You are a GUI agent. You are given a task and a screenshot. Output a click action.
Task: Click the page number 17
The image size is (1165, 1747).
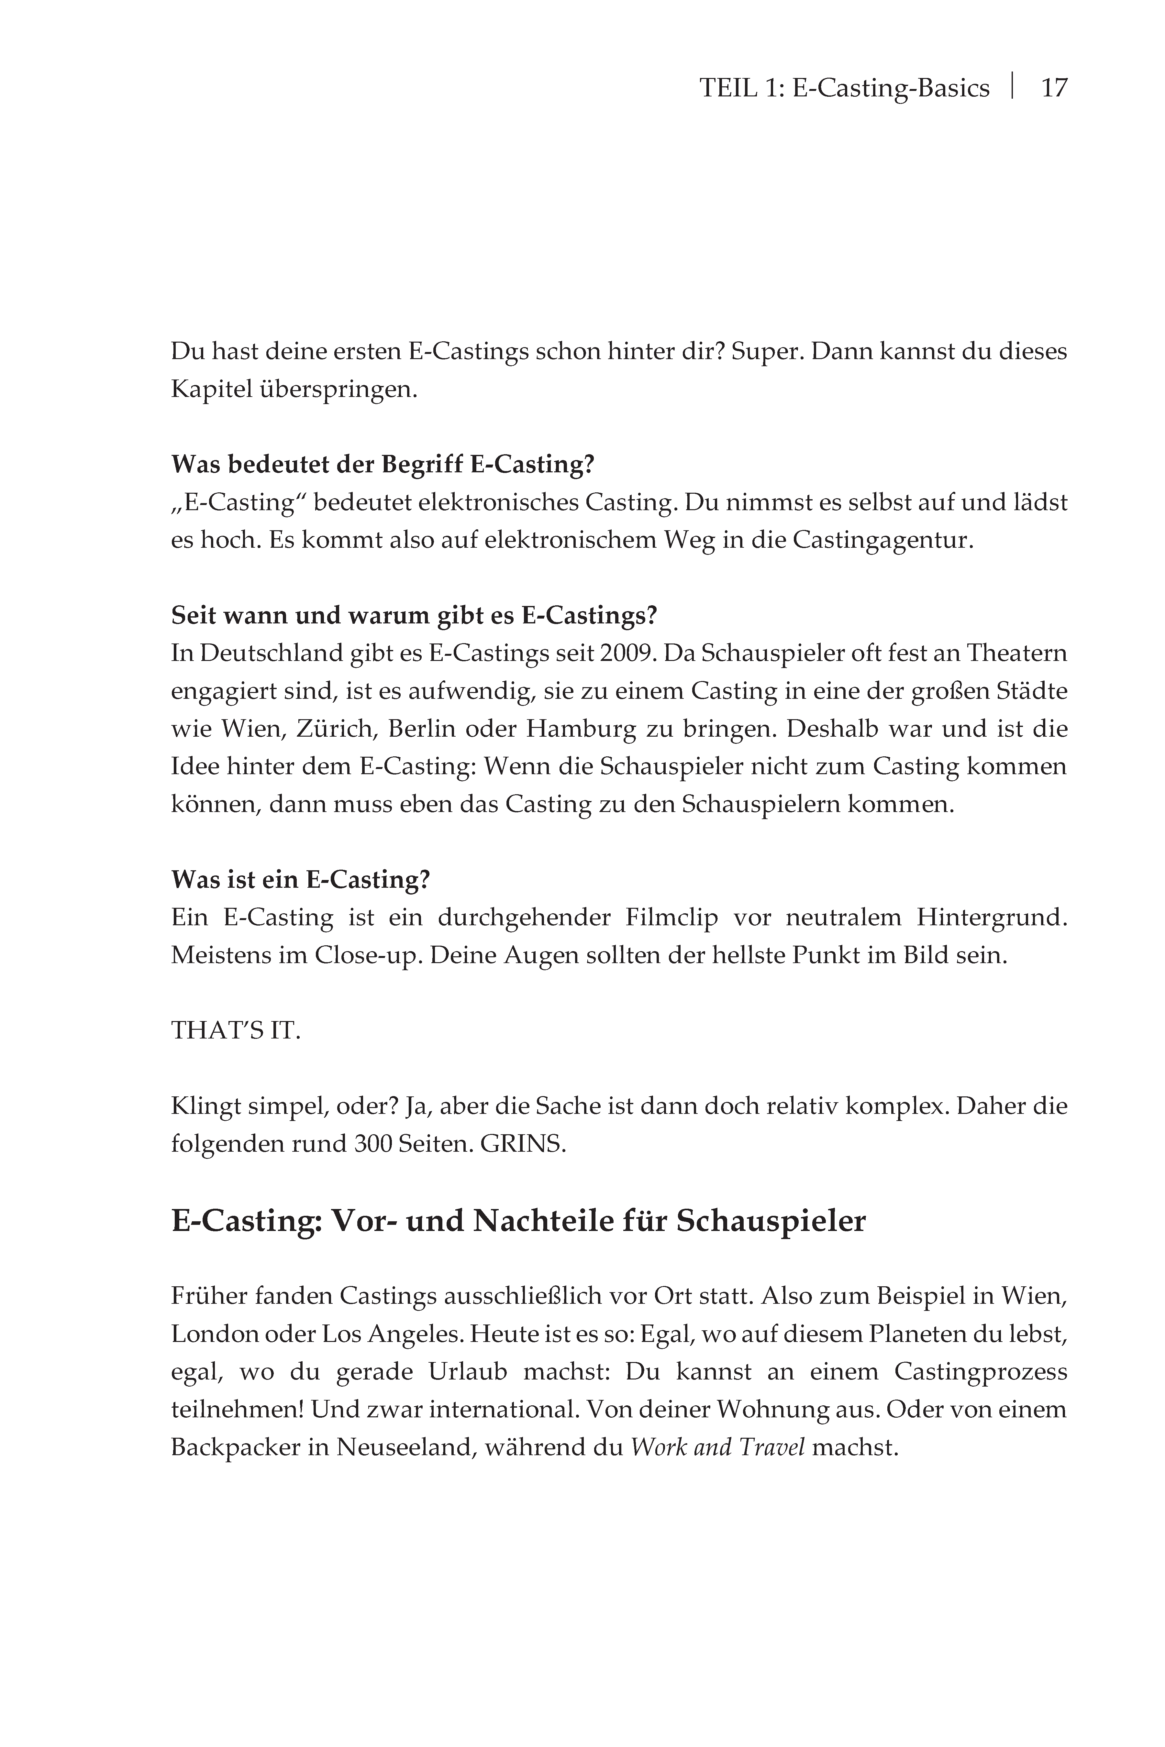click(x=1054, y=88)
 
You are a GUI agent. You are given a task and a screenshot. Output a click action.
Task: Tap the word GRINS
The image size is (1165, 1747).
click(x=522, y=1144)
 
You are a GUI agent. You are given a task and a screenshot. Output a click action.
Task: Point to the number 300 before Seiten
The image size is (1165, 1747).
click(x=373, y=1144)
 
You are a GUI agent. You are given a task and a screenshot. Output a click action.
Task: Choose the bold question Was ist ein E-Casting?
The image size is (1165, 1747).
click(x=300, y=879)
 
